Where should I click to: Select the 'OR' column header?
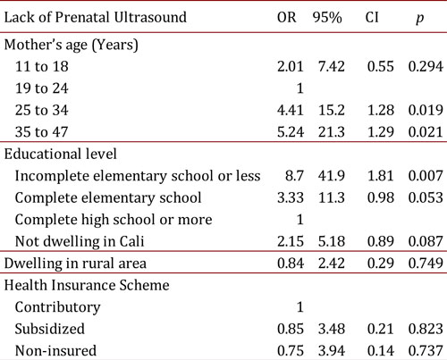pos(284,16)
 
